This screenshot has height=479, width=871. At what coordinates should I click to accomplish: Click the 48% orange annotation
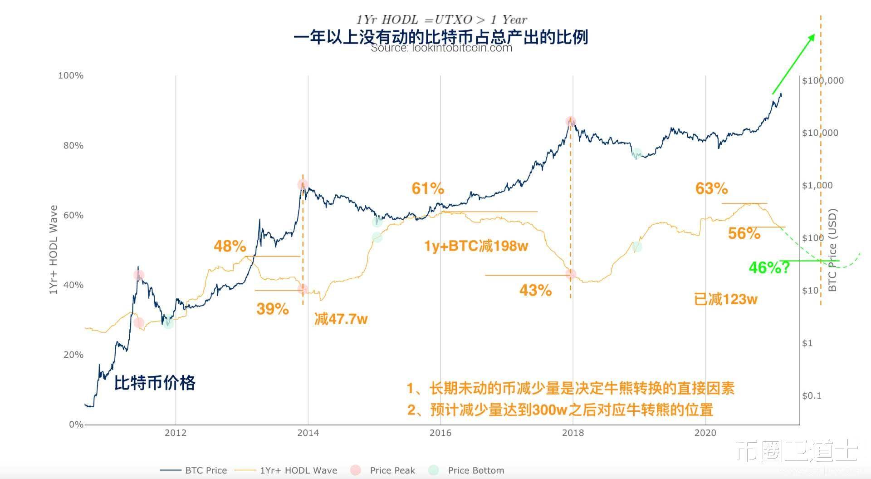click(x=230, y=246)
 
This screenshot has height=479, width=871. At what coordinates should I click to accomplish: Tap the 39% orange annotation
click(x=272, y=309)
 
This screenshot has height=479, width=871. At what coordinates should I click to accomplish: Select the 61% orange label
click(x=427, y=188)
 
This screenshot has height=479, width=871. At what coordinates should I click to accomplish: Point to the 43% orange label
click(x=535, y=290)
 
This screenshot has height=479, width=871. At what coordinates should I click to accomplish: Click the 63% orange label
click(x=711, y=188)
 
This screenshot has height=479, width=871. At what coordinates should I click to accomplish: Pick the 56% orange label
click(x=744, y=233)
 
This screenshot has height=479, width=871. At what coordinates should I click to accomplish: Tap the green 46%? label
click(x=769, y=267)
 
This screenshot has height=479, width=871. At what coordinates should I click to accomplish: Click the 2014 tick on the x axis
click(x=308, y=433)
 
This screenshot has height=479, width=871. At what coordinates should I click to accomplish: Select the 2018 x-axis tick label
click(x=573, y=433)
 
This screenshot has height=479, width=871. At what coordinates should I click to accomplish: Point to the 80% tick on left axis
click(x=73, y=145)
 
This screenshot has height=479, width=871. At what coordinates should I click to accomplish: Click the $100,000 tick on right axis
click(x=822, y=81)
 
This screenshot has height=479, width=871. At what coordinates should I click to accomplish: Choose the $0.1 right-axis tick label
click(x=812, y=395)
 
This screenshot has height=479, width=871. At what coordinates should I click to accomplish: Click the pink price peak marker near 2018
click(x=571, y=121)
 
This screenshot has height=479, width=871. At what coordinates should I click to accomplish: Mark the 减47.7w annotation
click(x=341, y=319)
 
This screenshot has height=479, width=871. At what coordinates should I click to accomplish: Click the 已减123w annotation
click(x=725, y=299)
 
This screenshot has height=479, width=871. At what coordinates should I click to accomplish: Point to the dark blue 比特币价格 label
click(x=154, y=382)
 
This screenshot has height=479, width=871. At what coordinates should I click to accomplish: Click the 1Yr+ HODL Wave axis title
click(x=54, y=250)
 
